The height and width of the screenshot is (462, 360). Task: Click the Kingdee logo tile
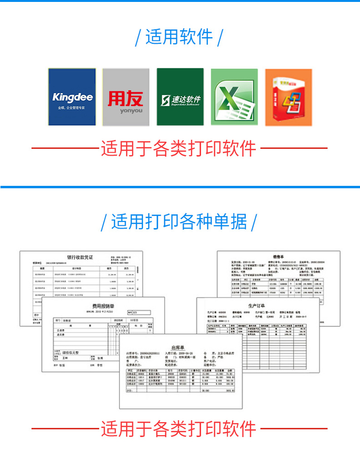coord(72,97)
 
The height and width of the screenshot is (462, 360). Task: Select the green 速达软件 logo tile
coord(180,97)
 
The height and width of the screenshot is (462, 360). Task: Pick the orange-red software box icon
coord(289,97)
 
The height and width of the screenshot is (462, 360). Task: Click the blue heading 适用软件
coord(179,37)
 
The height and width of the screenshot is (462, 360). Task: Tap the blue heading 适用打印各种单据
coord(179,222)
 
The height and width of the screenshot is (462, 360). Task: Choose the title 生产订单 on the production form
coord(257,305)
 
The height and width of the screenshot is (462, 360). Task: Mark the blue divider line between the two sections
coord(180,187)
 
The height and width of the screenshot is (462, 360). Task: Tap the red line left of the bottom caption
coord(65,428)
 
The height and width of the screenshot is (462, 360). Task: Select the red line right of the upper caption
coord(294,148)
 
